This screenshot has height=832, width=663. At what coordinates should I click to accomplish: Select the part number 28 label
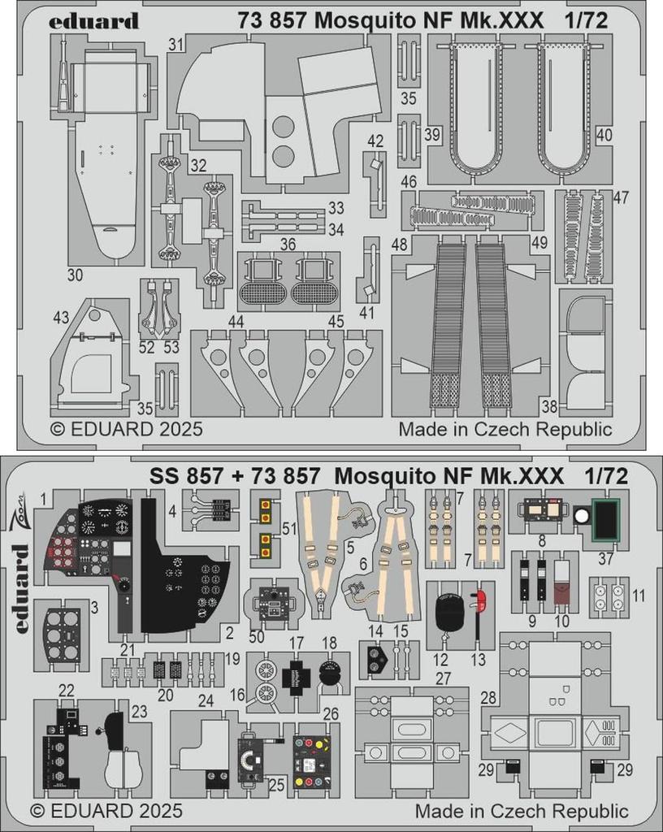pos(488,699)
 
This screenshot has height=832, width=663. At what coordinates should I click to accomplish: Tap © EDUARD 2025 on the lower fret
pos(106,810)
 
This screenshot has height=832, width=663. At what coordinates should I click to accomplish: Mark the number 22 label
pos(67,690)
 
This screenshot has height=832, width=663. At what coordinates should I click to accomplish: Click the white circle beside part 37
pos(581,515)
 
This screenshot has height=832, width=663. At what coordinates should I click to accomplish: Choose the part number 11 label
pos(639,596)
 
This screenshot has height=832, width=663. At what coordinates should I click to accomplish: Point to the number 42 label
pos(375,141)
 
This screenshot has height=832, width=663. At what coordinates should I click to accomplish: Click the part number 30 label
pos(75,275)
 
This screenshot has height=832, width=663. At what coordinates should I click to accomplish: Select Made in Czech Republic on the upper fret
pos(505,428)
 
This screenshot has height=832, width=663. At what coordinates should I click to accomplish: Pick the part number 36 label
pos(287,244)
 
